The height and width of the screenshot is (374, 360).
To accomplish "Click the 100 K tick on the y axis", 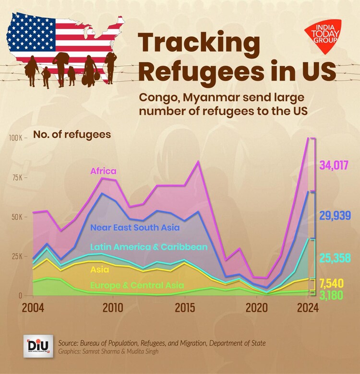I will (x=17, y=138).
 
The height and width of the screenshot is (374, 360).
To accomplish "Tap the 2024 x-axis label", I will (x=307, y=307).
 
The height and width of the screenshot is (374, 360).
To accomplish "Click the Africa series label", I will (x=103, y=171).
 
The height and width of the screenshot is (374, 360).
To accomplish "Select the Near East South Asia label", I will (x=135, y=227).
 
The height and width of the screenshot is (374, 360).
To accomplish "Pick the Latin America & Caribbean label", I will (x=149, y=247).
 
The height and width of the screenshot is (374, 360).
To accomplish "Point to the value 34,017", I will (x=334, y=165).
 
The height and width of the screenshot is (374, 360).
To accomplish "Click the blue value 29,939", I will (x=335, y=215).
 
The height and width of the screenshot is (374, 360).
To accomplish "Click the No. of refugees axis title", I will (x=72, y=134).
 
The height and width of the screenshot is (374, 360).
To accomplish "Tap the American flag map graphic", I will (x=67, y=36).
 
